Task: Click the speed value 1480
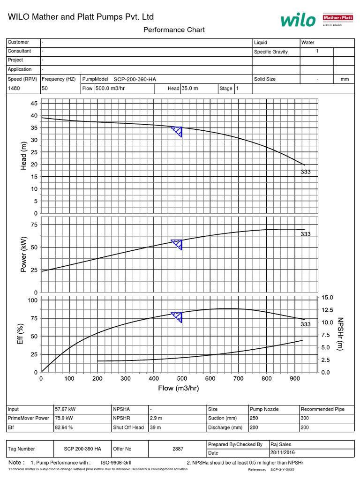tap(14, 88)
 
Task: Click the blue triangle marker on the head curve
tap(177, 131)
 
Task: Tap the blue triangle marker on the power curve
tap(177, 244)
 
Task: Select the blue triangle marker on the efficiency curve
tap(177, 317)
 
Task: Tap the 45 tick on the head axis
tap(34, 103)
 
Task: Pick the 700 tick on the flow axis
tap(238, 378)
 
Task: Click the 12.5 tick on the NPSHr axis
tap(326, 310)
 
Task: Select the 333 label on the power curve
tap(306, 234)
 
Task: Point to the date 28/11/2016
tap(282, 453)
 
